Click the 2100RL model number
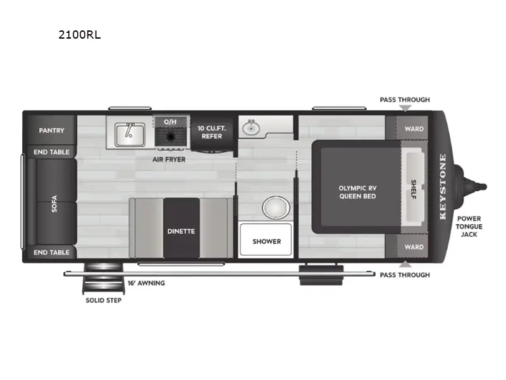click(79, 35)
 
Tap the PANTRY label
click(52, 130)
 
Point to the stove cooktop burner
click(170, 136)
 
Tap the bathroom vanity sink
click(252, 127)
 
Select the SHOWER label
click(266, 241)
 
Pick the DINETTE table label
click(182, 231)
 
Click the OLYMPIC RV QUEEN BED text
click(357, 192)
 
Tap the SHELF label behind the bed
click(413, 189)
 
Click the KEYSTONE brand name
click(442, 186)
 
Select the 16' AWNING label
click(146, 283)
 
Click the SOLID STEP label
click(104, 300)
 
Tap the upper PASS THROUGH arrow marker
click(404, 109)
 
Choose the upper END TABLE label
click(52, 152)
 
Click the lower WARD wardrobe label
click(414, 247)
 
